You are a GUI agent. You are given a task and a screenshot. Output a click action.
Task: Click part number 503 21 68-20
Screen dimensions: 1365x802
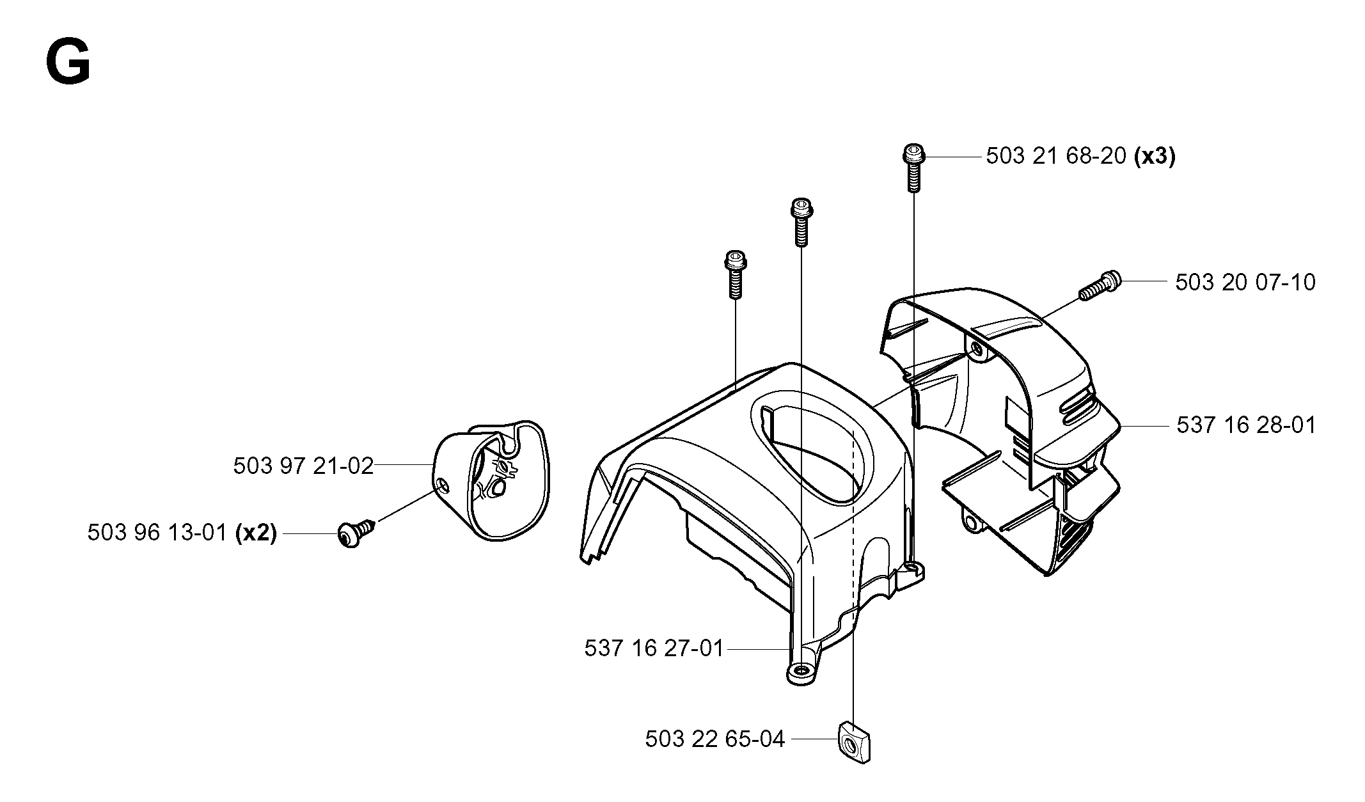coord(1056,156)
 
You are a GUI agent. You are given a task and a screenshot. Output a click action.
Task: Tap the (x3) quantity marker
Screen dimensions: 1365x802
coord(1155,156)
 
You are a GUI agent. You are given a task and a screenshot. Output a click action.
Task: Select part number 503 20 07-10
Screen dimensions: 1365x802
coord(1245,282)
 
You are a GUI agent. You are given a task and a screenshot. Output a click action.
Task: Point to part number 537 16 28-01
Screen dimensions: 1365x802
coord(1247,425)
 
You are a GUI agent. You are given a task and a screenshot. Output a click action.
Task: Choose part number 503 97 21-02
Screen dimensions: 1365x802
coord(303,466)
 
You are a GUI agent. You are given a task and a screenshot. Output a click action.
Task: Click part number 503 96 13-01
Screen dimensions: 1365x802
coord(157,532)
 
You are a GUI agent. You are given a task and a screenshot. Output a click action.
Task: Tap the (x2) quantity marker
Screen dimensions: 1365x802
coord(256,532)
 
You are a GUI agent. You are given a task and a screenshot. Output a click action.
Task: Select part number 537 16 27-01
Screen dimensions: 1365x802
coord(654,649)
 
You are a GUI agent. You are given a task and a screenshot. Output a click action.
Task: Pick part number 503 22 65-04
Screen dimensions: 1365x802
coord(715,739)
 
